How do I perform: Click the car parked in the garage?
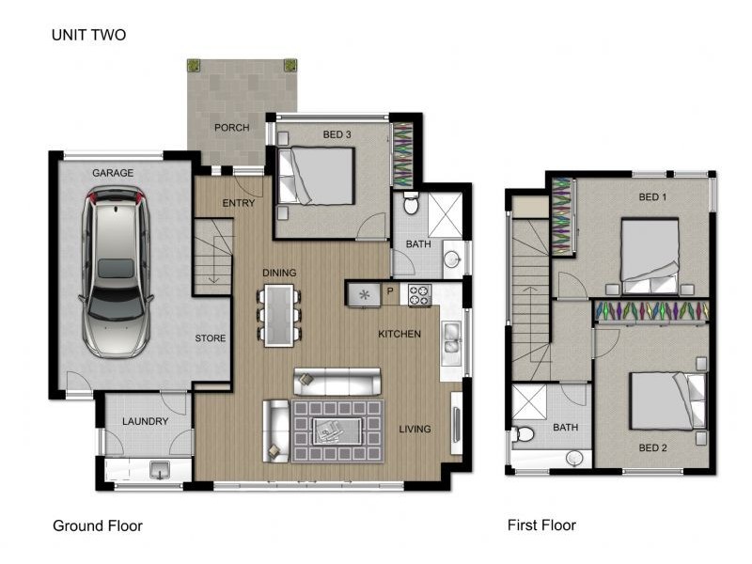click(x=116, y=272)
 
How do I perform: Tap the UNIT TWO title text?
click(x=88, y=35)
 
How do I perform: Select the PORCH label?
click(x=231, y=128)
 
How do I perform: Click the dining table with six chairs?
click(x=279, y=315)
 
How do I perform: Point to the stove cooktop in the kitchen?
click(x=419, y=295)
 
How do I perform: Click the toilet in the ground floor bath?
click(x=411, y=203)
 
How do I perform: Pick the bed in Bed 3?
click(x=317, y=176)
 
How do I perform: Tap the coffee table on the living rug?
click(x=337, y=431)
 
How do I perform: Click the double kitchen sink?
click(x=452, y=337)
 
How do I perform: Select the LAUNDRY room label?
click(x=146, y=421)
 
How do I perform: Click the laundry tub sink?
click(x=159, y=470)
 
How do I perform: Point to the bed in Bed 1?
click(x=650, y=256)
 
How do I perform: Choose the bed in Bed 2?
click(x=667, y=401)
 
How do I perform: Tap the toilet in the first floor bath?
click(x=523, y=434)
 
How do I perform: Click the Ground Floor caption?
click(x=98, y=526)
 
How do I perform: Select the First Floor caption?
click(x=542, y=525)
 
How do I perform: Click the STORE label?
click(x=210, y=338)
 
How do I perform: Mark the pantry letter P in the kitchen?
click(x=390, y=290)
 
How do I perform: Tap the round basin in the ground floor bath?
click(x=452, y=259)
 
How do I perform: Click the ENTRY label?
click(x=239, y=203)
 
